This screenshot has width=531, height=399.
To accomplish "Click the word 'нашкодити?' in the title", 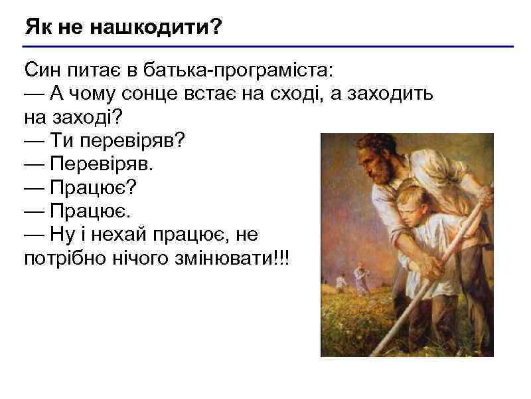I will (x=156, y=29).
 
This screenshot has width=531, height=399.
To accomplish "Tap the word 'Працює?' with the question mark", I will (x=93, y=188).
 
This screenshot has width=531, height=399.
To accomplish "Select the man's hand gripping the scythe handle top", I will (x=483, y=196).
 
